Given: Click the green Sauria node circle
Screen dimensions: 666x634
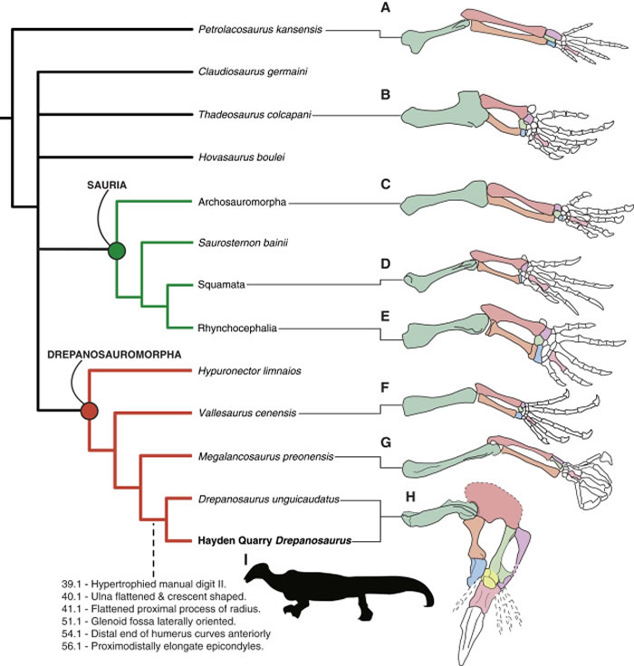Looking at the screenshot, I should (116, 251).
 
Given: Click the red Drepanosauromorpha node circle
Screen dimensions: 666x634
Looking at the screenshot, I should (89, 412).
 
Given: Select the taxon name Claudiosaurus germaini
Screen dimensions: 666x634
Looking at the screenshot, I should (255, 71).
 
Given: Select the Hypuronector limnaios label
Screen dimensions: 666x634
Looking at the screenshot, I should (248, 371).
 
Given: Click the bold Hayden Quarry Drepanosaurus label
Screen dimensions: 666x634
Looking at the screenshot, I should (274, 541).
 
